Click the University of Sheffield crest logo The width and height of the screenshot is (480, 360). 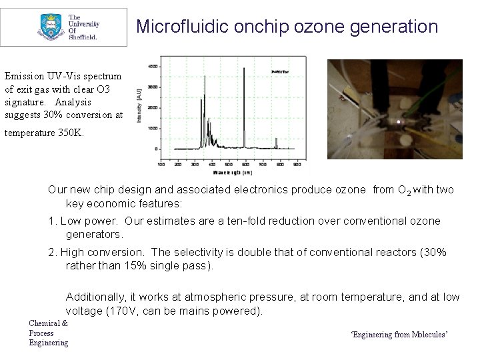(x=49, y=27)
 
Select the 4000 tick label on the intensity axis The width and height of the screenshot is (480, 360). (x=152, y=67)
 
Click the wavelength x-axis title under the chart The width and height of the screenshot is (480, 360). (x=229, y=171)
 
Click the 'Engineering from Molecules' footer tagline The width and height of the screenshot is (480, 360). (x=399, y=334)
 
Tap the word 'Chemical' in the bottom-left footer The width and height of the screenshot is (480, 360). (x=45, y=323)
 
